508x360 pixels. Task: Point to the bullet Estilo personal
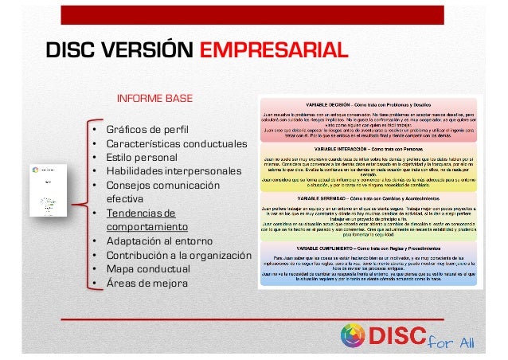[142, 158]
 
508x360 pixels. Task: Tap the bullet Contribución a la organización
[179, 256]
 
